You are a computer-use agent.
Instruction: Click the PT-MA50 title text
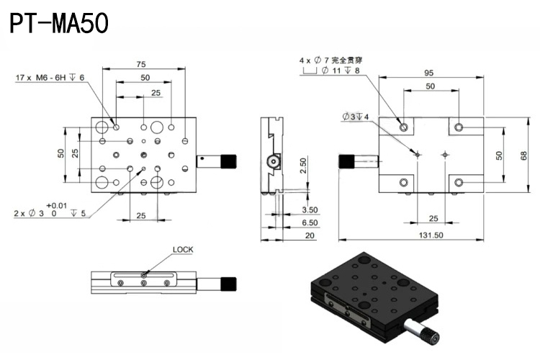point(59,23)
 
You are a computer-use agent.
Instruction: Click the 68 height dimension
point(524,156)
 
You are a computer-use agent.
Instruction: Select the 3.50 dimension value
point(310,209)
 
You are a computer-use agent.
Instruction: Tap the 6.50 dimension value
point(310,223)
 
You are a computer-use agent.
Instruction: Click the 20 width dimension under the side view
point(309,235)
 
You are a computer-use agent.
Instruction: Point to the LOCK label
point(183,250)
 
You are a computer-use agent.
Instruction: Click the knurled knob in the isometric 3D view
point(430,335)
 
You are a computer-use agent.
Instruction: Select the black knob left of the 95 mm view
point(347,161)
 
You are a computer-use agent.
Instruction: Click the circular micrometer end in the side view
point(274,163)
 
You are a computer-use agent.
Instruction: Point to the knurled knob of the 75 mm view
point(229,159)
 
